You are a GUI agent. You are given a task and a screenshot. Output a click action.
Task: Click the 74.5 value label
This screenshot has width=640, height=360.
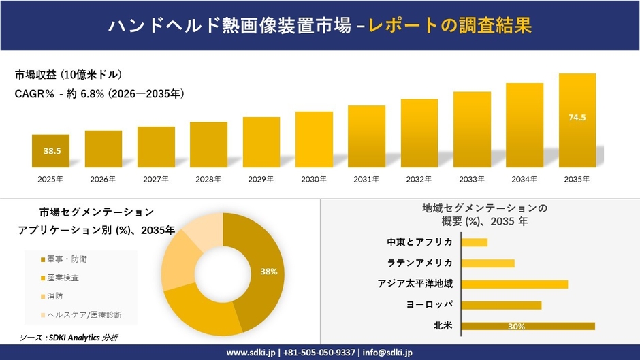coord(577,118)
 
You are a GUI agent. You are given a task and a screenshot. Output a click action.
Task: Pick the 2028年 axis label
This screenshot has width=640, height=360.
coord(208,180)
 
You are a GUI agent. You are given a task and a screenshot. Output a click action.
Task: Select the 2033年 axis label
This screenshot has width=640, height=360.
coord(472,180)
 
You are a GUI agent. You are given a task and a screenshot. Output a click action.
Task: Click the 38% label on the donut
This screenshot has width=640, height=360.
coord(268,272)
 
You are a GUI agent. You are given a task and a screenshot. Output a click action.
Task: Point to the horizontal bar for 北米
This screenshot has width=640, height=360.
coord(528,326)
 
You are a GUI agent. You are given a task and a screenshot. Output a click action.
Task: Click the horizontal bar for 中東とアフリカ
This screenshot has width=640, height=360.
coord(474,242)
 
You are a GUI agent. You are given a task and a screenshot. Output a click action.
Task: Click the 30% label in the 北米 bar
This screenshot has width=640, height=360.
coord(515,327)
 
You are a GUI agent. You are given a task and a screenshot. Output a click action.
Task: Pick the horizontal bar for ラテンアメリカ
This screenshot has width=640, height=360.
coord(487,263)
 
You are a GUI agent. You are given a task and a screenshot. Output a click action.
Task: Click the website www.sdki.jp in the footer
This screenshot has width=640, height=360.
coord(251,353)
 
